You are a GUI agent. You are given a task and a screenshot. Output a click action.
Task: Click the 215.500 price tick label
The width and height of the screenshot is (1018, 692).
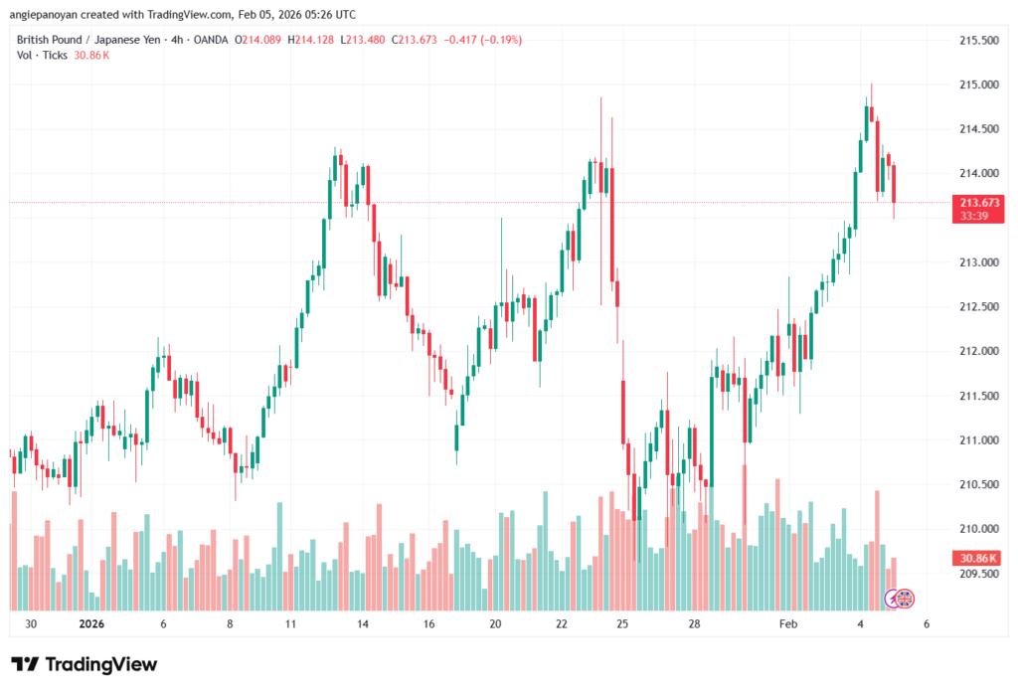978,41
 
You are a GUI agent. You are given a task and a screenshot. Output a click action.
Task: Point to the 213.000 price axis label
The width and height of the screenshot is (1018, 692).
978,262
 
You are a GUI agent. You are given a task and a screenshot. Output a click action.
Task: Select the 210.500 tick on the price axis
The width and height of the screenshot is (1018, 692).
978,484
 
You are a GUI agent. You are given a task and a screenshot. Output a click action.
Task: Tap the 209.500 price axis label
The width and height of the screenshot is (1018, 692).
978,574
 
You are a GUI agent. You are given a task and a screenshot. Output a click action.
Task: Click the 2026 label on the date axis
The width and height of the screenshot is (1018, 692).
91,624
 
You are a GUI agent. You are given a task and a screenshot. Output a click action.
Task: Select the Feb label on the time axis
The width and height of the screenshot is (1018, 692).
788,624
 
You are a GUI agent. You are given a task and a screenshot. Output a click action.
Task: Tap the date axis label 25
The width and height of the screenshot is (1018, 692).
622,624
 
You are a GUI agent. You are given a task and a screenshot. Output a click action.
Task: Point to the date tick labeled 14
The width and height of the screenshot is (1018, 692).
364,624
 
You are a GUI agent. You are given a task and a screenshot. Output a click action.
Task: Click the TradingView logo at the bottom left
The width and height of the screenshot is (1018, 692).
84,664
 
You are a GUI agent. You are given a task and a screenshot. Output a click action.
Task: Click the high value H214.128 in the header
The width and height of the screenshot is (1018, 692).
310,40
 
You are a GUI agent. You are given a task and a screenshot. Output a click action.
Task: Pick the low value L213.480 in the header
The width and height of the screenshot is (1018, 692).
362,40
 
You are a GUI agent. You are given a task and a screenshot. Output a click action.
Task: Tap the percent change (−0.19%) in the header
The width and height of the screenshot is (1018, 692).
499,40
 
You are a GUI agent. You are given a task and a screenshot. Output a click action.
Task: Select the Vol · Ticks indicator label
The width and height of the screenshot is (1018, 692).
41,55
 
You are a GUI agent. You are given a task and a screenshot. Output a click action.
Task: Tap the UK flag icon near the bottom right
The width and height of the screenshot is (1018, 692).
905,599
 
